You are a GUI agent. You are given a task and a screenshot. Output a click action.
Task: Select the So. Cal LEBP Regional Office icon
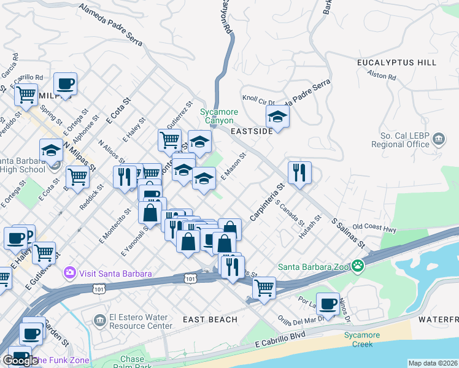click(439, 139)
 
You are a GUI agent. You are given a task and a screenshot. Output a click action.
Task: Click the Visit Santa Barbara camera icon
click(70, 272)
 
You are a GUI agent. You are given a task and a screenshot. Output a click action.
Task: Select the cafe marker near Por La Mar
click(328, 302)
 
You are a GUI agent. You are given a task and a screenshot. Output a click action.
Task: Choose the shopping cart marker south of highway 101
click(264, 286)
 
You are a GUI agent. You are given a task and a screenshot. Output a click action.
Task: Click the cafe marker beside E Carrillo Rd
click(65, 83)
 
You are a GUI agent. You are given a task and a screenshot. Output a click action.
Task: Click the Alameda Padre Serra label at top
click(111, 25)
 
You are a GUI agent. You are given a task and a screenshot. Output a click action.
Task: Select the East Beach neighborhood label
click(210, 320)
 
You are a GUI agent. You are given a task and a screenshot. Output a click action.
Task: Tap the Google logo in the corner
click(20, 360)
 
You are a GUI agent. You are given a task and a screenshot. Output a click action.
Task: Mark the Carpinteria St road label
click(268, 202)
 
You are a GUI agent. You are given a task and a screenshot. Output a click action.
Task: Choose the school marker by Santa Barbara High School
click(51, 150)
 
